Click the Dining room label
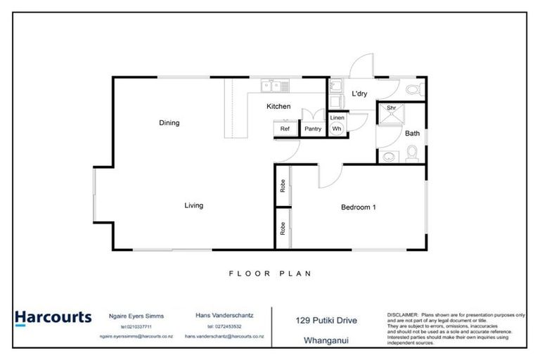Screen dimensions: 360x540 169,123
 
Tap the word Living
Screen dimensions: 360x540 193,206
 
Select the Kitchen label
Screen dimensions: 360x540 278,107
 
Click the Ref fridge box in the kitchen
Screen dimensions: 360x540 285,129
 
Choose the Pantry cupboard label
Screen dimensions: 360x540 312,129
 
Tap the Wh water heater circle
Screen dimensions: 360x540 337,129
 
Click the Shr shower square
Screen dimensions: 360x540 392,109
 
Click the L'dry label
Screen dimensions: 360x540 359,94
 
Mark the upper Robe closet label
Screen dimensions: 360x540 283,186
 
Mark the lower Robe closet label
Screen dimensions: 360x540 283,229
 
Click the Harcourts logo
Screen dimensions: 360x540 53,317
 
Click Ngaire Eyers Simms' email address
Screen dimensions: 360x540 136,337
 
